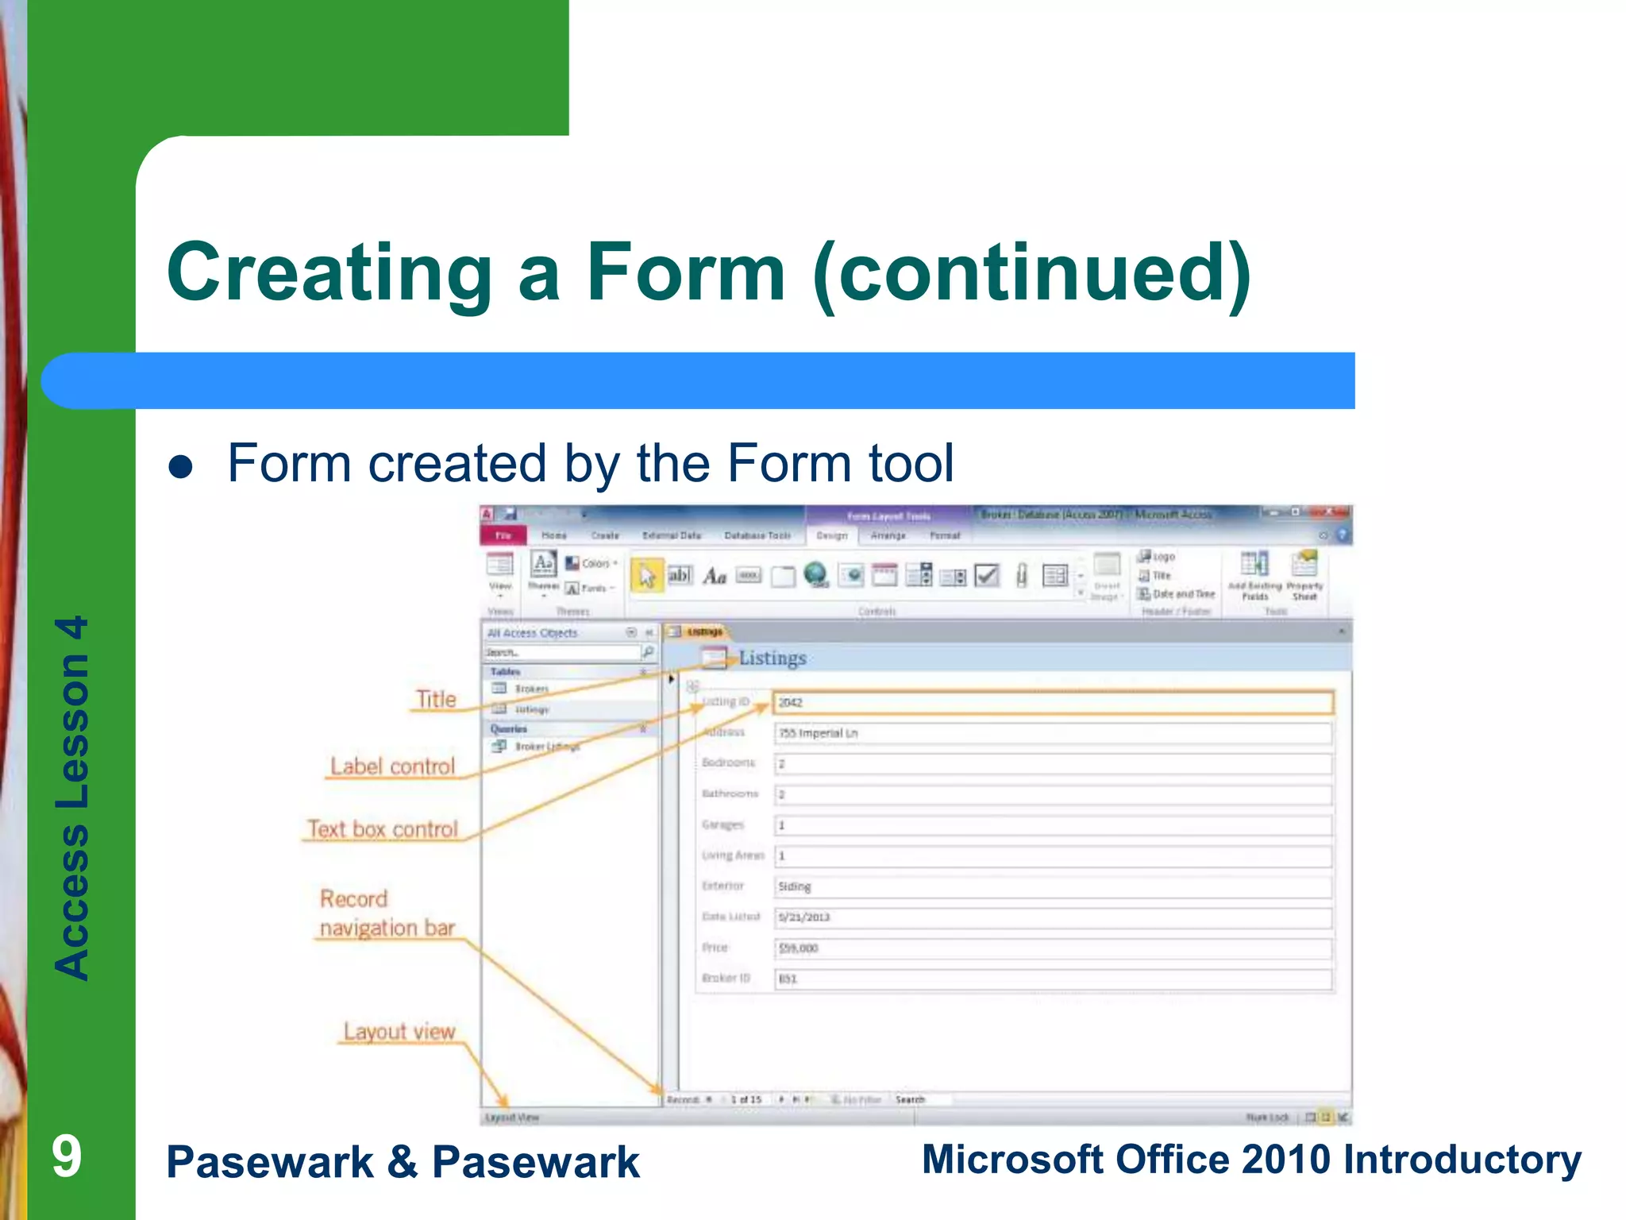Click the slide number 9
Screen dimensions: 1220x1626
click(67, 1156)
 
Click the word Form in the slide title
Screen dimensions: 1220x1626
click(685, 272)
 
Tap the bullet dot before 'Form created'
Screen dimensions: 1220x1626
click(181, 467)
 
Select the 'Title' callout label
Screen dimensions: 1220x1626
click(437, 699)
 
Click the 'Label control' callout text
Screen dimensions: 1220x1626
click(392, 766)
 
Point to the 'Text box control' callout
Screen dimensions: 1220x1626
click(383, 829)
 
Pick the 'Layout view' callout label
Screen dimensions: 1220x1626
click(399, 1032)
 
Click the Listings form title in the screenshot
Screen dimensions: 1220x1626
click(772, 658)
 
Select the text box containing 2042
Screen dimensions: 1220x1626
click(1052, 702)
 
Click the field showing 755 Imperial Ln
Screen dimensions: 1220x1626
click(1052, 733)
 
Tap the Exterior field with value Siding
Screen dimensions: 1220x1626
click(1052, 886)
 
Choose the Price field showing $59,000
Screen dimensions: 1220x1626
click(1052, 948)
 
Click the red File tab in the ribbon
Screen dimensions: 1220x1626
click(503, 535)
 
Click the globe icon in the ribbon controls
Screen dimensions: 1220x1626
click(815, 574)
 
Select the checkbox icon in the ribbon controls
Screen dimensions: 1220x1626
click(987, 574)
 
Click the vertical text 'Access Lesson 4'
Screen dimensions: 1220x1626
click(71, 797)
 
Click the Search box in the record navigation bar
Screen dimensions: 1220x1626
click(921, 1099)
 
